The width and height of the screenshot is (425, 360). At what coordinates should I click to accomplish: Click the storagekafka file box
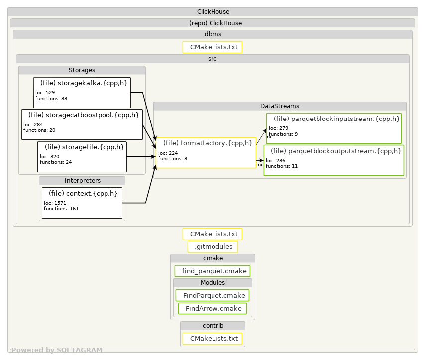(x=82, y=93)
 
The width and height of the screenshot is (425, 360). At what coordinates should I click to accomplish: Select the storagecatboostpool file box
(x=82, y=124)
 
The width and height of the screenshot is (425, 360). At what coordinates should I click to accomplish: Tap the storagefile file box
(x=82, y=157)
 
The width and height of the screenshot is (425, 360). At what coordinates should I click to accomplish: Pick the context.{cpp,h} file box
(x=82, y=203)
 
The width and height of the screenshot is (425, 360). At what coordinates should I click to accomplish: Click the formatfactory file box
(x=206, y=153)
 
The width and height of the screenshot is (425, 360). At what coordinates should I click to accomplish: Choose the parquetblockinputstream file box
(x=333, y=128)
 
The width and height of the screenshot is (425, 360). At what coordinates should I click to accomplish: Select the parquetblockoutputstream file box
(x=333, y=160)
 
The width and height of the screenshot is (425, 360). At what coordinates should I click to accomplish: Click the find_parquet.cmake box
(x=212, y=271)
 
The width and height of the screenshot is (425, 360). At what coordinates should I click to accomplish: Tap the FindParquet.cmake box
(x=212, y=295)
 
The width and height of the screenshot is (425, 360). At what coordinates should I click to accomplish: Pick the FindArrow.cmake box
(x=212, y=308)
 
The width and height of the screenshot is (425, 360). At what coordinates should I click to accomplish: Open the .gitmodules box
(x=213, y=247)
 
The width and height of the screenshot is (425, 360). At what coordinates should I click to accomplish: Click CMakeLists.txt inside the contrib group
(x=212, y=338)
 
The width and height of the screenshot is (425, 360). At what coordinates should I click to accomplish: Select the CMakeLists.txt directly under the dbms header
(x=212, y=47)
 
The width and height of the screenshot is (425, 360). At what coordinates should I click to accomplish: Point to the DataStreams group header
(x=280, y=106)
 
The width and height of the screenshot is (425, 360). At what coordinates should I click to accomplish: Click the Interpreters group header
(x=82, y=181)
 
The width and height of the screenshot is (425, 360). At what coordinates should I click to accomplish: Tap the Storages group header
(x=82, y=70)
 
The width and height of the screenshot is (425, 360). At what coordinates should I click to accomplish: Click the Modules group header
(x=213, y=283)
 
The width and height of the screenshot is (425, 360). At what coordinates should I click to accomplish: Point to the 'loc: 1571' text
(x=55, y=203)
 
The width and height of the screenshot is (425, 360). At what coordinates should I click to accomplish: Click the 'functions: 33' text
(x=51, y=99)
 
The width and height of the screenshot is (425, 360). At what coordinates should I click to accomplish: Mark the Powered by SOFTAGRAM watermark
(x=57, y=350)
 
